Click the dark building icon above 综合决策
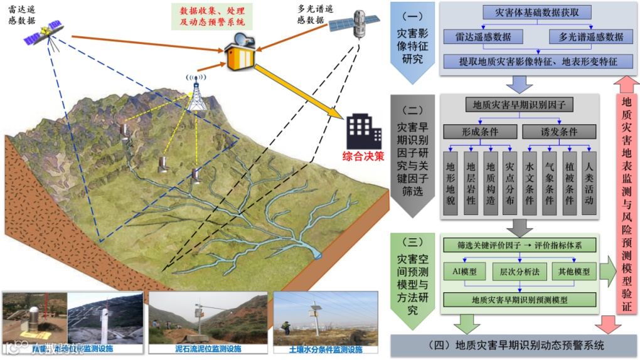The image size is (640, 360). point(363,130)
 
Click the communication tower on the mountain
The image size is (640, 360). point(196,95)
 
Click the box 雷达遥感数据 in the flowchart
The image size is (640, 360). point(483,36)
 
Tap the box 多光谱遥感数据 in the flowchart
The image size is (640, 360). point(590,36)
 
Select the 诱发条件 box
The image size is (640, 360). point(558,132)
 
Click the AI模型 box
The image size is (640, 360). point(465,273)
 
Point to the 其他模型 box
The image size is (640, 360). point(573,273)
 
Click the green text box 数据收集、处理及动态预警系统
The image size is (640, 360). point(212,16)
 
